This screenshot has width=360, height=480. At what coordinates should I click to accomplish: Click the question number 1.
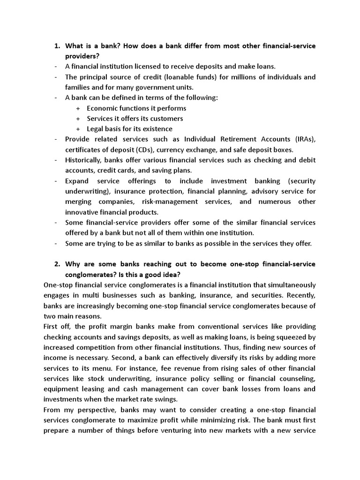pos(56,46)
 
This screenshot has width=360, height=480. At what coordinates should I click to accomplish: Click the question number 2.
pos(56,264)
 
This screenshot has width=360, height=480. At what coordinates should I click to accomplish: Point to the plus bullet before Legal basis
pos(78,129)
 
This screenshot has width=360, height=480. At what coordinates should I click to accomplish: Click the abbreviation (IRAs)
pos(305,139)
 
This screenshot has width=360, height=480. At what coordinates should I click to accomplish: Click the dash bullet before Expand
pos(56,181)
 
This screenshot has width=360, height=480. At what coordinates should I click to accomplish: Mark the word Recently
pos(298,295)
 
